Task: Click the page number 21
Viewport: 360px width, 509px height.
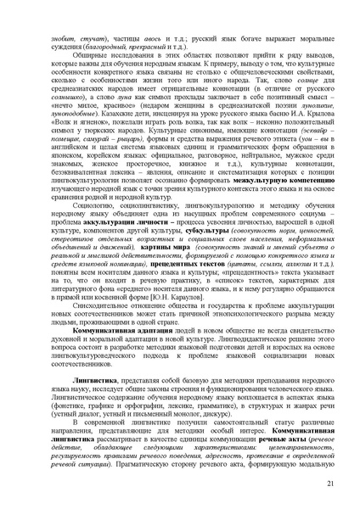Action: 331,484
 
